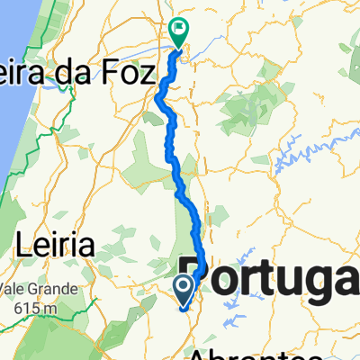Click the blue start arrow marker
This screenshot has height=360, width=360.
point(184,290)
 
